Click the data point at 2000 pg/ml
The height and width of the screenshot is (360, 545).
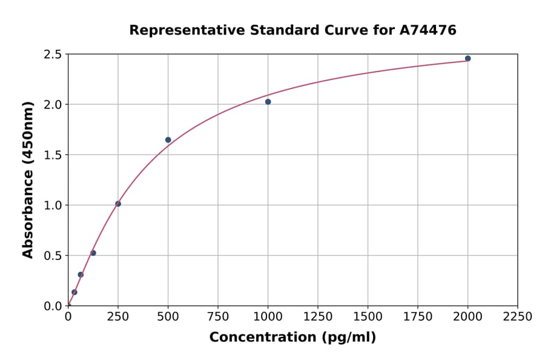coord(467,59)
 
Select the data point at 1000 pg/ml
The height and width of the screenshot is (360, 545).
coord(268,102)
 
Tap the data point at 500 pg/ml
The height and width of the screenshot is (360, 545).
coord(168,140)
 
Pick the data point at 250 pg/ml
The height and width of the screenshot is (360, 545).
coord(118,204)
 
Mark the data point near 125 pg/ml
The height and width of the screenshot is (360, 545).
coord(93,253)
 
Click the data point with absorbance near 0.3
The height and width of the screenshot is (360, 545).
coord(81,275)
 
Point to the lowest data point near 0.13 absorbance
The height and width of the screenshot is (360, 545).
coord(74,292)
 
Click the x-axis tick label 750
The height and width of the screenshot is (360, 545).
coord(218,317)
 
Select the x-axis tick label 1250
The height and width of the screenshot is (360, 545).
coord(318,317)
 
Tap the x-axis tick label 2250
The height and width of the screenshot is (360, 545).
coord(518,317)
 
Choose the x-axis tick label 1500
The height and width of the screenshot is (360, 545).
coord(368,317)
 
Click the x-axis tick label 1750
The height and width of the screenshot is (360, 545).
coord(418,317)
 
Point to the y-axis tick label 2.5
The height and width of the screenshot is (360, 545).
coord(53,55)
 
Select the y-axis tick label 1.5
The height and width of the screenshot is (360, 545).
coord(53,155)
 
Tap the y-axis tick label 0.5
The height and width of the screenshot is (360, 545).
coord(53,256)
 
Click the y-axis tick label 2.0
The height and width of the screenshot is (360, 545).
coord(53,105)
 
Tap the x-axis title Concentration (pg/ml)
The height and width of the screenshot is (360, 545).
coord(292,338)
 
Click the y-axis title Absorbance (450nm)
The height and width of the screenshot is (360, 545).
coord(28,179)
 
